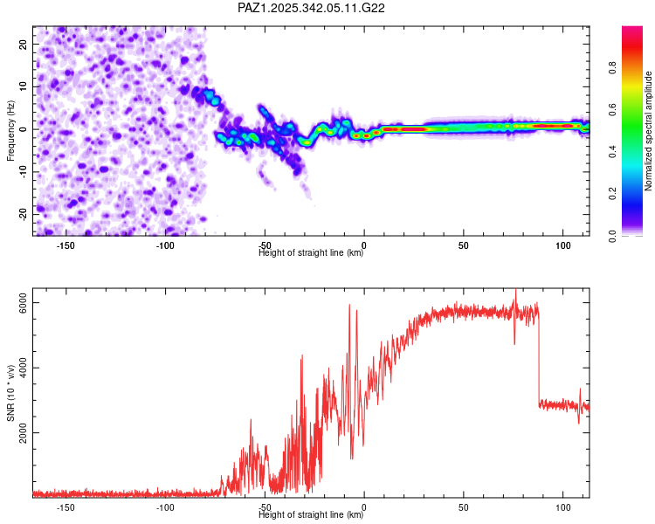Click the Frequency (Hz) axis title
[10, 131]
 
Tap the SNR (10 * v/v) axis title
[10, 394]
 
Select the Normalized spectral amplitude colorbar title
[648, 131]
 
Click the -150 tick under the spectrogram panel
[65, 245]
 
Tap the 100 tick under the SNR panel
[563, 507]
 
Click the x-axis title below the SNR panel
[311, 515]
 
